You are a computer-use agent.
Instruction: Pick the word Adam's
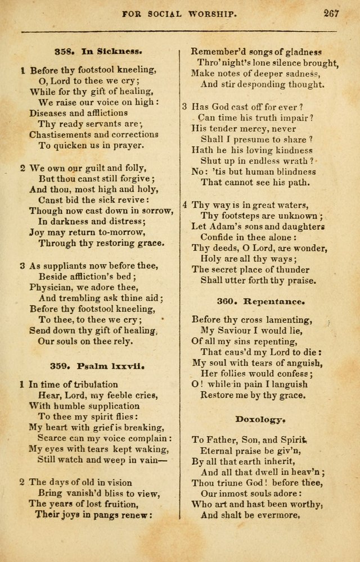[227, 226]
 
